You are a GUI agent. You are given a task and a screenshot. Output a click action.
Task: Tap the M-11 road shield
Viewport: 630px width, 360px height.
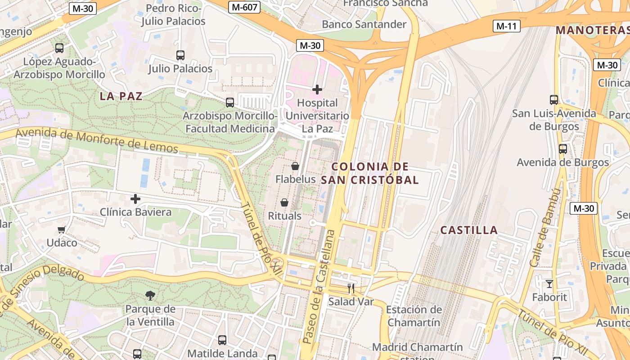tap(506, 26)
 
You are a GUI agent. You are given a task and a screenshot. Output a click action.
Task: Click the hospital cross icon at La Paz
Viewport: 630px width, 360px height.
tap(317, 90)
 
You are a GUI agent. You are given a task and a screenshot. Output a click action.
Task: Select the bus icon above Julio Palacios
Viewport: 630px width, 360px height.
tap(180, 55)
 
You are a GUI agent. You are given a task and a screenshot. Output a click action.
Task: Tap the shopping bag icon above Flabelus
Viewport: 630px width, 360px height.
tap(295, 166)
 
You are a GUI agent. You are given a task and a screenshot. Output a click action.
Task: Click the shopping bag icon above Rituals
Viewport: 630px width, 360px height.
tap(284, 202)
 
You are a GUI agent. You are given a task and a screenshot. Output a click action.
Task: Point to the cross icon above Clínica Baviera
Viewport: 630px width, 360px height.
tap(135, 198)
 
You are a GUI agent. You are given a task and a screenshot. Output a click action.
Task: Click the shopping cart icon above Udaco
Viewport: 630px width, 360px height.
tap(62, 230)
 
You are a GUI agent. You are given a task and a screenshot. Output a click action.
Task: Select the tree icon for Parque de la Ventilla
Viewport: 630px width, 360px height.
tap(150, 295)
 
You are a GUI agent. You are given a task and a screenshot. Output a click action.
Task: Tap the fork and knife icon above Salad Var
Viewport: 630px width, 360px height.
tap(351, 288)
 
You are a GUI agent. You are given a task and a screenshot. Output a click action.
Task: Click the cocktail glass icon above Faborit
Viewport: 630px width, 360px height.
tap(549, 283)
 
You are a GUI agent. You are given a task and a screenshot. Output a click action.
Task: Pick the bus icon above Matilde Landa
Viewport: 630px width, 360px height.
tap(222, 340)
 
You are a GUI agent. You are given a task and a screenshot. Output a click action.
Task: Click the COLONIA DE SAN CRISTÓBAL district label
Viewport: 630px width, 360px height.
tap(370, 173)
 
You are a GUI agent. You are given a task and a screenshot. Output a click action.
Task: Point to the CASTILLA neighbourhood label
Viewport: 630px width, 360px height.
tap(469, 230)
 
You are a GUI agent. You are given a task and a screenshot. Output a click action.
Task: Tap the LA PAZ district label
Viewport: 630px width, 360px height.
tap(121, 96)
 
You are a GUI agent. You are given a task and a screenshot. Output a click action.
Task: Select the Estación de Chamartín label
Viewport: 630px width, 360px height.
tap(414, 316)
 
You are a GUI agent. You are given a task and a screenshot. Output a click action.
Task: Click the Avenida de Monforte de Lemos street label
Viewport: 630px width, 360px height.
tap(97, 141)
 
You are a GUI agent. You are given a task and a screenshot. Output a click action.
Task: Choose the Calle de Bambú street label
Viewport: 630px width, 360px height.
tap(545, 227)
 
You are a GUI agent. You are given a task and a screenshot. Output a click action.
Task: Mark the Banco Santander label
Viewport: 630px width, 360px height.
tap(364, 24)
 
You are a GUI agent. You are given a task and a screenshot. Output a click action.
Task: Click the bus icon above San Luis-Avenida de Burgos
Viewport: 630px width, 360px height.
tap(554, 99)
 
